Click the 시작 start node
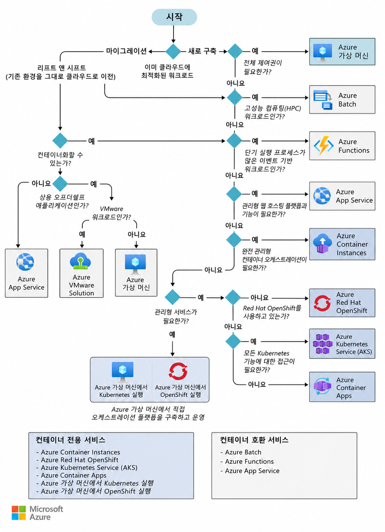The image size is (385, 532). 174,17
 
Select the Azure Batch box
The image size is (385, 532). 342,99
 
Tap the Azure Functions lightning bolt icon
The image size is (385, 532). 323,145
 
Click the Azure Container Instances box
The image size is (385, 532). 342,244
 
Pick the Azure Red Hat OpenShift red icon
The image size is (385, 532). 322,303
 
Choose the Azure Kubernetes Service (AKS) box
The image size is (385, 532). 342,344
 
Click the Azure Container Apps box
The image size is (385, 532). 342,387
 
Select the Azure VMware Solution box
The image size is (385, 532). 81,273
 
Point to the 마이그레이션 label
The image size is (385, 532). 126,51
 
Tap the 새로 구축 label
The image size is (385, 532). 202,51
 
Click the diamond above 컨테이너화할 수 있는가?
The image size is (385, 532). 60,141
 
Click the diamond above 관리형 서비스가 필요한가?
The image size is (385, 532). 172,297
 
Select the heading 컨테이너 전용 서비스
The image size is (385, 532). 70,440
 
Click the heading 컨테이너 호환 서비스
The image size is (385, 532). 254,440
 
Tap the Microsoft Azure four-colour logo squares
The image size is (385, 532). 18,513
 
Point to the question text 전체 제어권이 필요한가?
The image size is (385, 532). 262,67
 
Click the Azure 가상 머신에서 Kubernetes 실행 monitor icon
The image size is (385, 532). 123,372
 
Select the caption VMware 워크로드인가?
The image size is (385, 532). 111,213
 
